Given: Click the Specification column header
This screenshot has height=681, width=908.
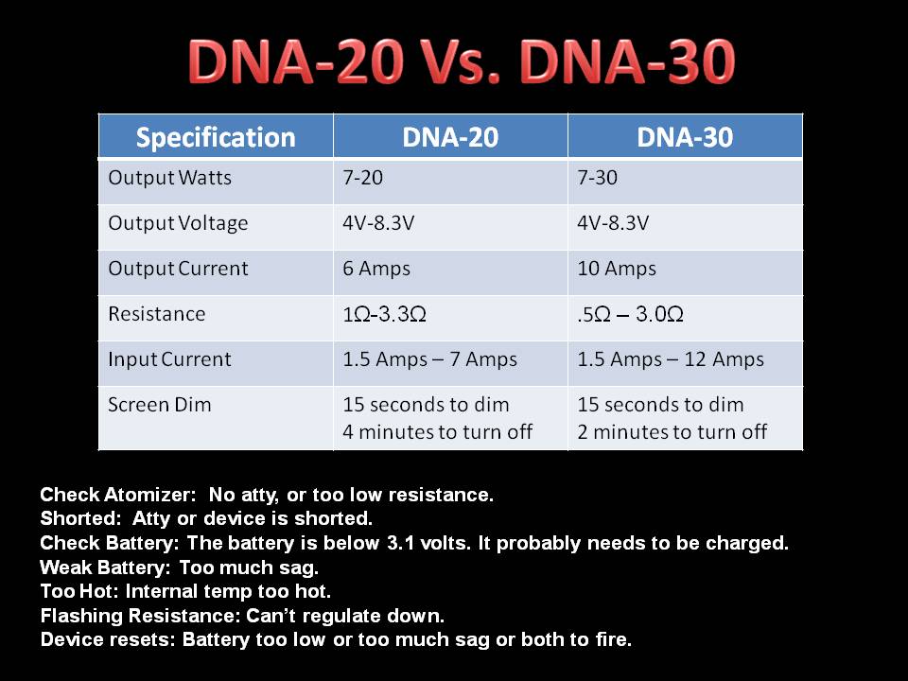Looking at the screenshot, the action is click(x=216, y=138).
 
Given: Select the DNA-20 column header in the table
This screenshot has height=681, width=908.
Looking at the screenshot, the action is click(x=450, y=138).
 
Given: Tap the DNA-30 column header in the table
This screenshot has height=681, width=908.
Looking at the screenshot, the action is click(x=685, y=138).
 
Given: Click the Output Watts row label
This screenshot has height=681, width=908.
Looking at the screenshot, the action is click(x=169, y=178).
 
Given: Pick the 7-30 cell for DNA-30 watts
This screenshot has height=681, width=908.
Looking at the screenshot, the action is click(x=597, y=178).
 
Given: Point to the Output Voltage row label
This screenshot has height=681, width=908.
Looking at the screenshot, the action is click(x=178, y=223).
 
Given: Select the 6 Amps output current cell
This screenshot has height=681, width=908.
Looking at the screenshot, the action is click(x=376, y=269).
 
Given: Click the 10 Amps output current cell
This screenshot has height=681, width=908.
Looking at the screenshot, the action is click(x=617, y=269).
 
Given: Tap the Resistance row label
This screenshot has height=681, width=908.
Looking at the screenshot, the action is click(x=156, y=314).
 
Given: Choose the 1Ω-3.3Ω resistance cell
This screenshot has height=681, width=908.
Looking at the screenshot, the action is click(x=385, y=314).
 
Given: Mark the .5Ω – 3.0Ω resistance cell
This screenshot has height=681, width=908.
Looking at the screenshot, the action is click(x=630, y=314).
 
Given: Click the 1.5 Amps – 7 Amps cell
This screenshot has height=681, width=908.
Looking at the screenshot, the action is click(x=429, y=359).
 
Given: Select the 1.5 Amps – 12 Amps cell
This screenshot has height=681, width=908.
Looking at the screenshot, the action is click(x=671, y=359).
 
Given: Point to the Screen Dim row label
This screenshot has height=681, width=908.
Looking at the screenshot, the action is click(x=159, y=405).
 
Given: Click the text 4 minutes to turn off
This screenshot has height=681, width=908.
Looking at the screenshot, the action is click(x=437, y=432).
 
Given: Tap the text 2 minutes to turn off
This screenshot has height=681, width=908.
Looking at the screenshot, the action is click(x=672, y=432).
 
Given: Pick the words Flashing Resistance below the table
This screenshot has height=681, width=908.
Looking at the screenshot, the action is click(x=140, y=616).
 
